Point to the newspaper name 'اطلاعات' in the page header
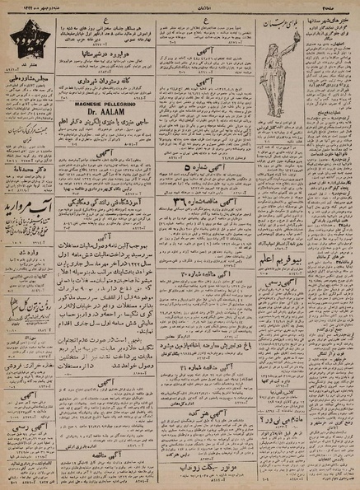click(x=179, y=5)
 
